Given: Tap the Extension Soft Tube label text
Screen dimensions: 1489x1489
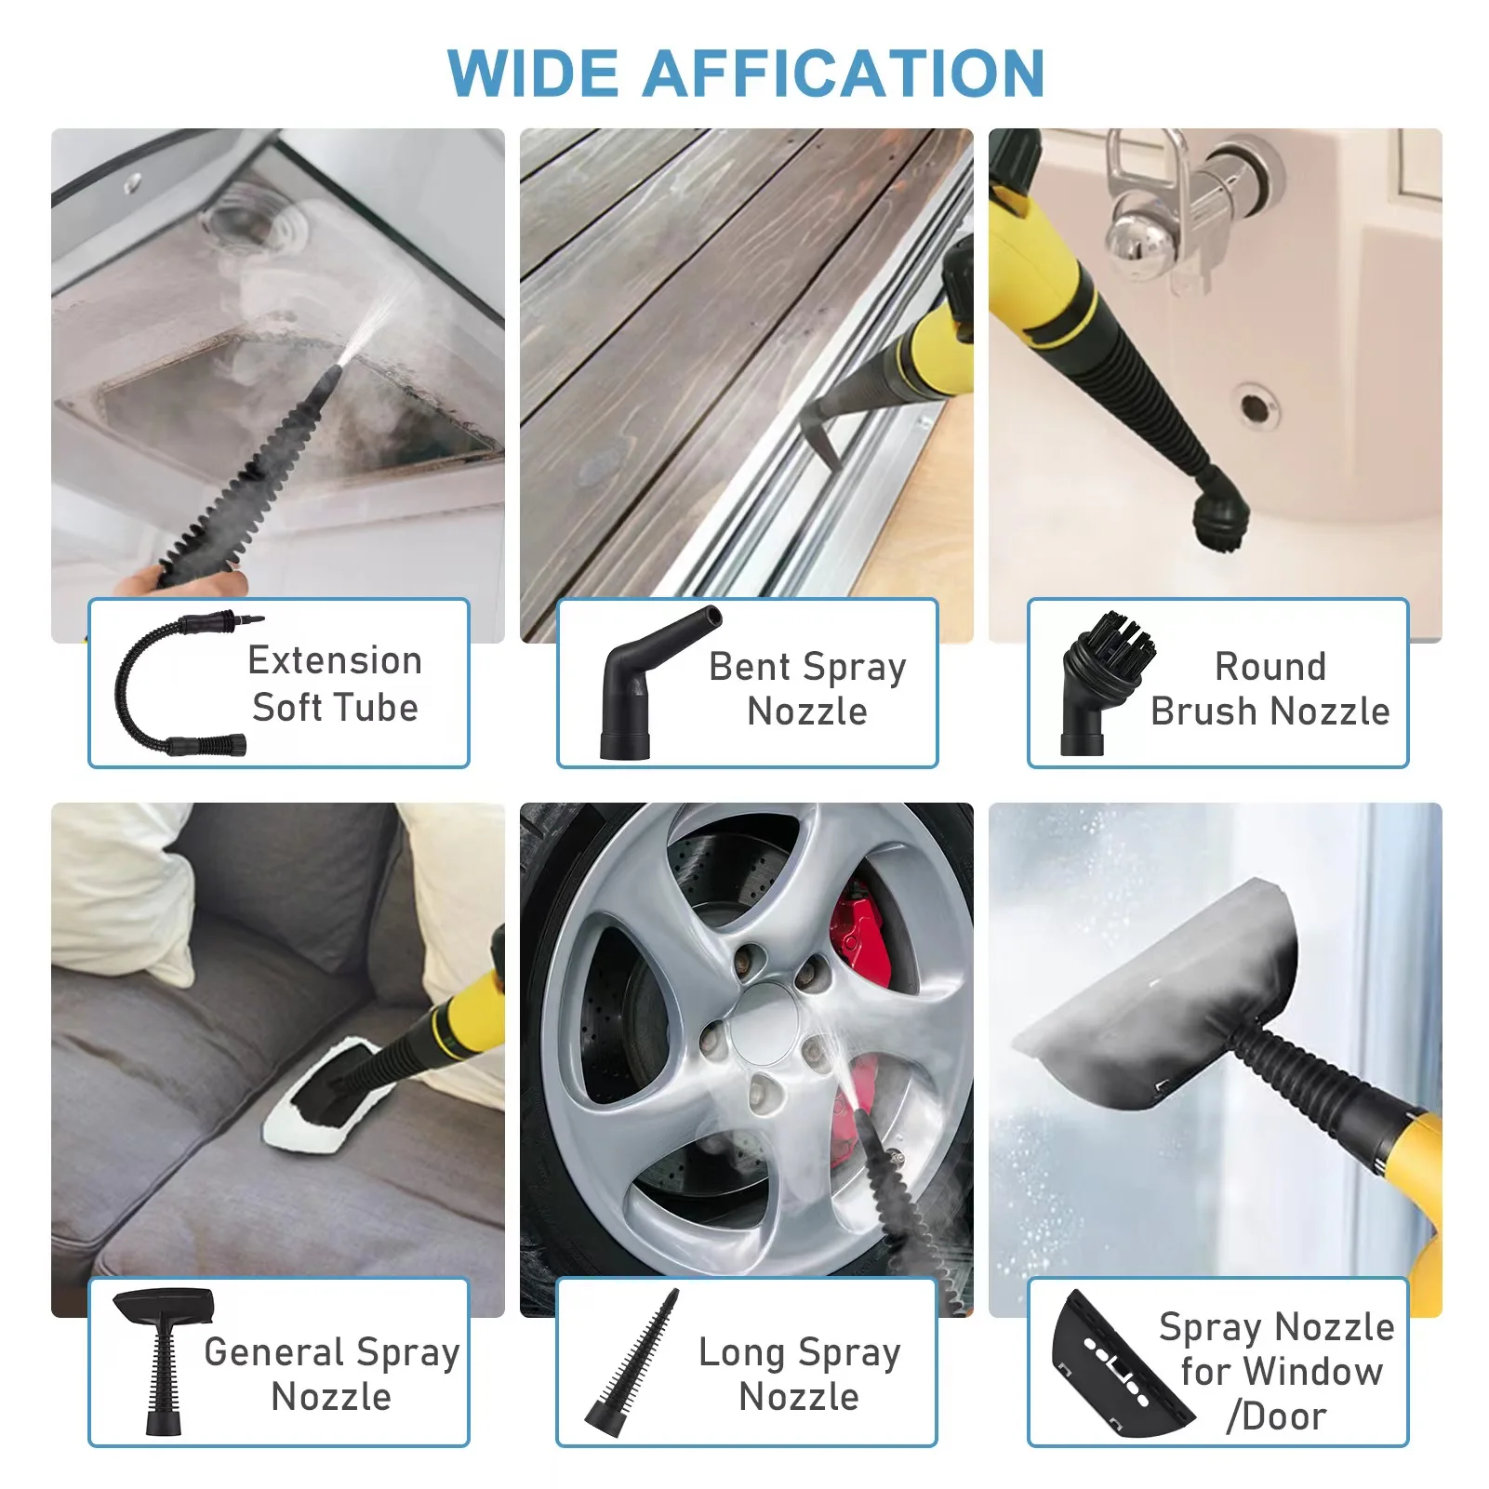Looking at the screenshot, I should (335, 684).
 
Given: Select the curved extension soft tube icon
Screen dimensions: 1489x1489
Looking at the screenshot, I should (177, 684).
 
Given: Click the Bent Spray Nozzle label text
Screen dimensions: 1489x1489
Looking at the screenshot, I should (807, 689).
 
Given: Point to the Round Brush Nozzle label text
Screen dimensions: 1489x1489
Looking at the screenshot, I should (1270, 689).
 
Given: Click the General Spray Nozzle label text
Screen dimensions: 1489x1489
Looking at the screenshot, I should (331, 1374).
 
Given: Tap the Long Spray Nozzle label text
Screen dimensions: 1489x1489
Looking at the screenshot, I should (799, 1374).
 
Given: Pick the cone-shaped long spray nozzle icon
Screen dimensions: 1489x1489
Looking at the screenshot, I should (632, 1363).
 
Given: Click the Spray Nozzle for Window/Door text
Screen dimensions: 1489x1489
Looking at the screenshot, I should (1276, 1372).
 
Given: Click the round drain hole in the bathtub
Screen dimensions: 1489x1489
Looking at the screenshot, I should (1254, 406).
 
